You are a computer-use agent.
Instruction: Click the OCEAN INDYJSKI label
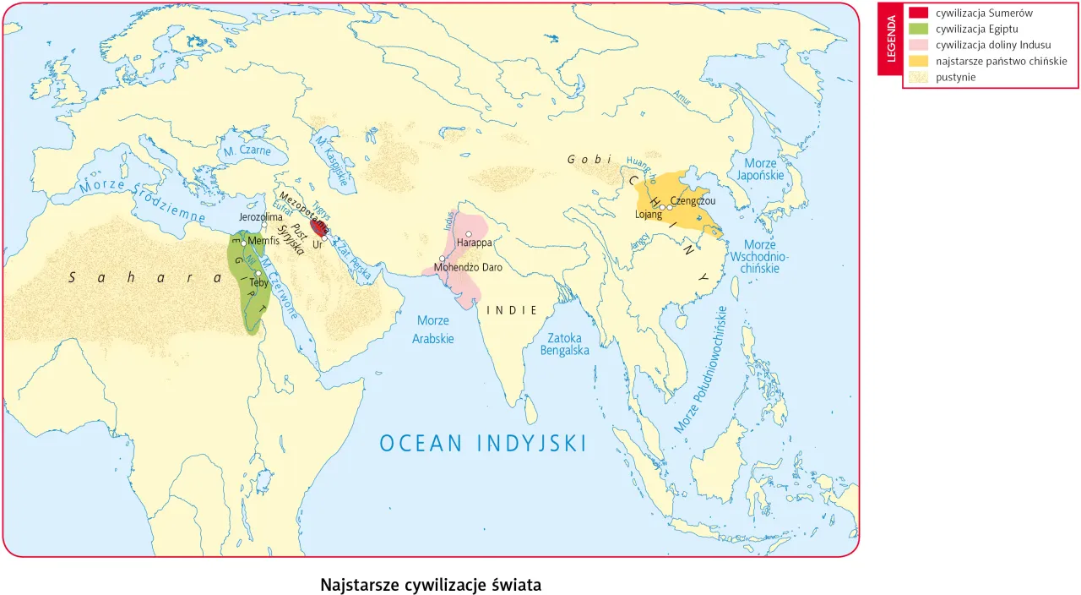pyautogui.click(x=482, y=444)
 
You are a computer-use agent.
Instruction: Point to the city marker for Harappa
pyautogui.click(x=469, y=233)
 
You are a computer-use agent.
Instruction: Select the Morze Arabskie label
pyautogui.click(x=433, y=330)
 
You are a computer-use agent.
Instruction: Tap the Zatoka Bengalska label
pyautogui.click(x=565, y=343)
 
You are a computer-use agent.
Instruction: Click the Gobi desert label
pyautogui.click(x=589, y=159)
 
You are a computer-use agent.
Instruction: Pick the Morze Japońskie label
pyautogui.click(x=761, y=169)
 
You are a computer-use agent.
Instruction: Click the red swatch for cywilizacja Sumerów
pyautogui.click(x=918, y=14)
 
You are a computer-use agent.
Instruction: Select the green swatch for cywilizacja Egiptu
pyautogui.click(x=918, y=29)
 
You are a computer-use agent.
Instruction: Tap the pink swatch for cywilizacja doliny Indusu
pyautogui.click(x=918, y=45)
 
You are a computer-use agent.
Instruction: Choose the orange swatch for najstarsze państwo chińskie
pyautogui.click(x=918, y=61)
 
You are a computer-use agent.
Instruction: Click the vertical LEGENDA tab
pyautogui.click(x=890, y=39)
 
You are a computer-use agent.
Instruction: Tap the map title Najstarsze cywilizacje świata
pyautogui.click(x=431, y=585)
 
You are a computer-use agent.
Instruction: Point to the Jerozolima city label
pyautogui.click(x=261, y=217)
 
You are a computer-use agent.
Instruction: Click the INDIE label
pyautogui.click(x=513, y=310)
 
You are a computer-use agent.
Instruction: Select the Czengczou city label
pyautogui.click(x=693, y=200)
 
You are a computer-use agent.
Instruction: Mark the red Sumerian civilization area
pyautogui.click(x=318, y=227)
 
